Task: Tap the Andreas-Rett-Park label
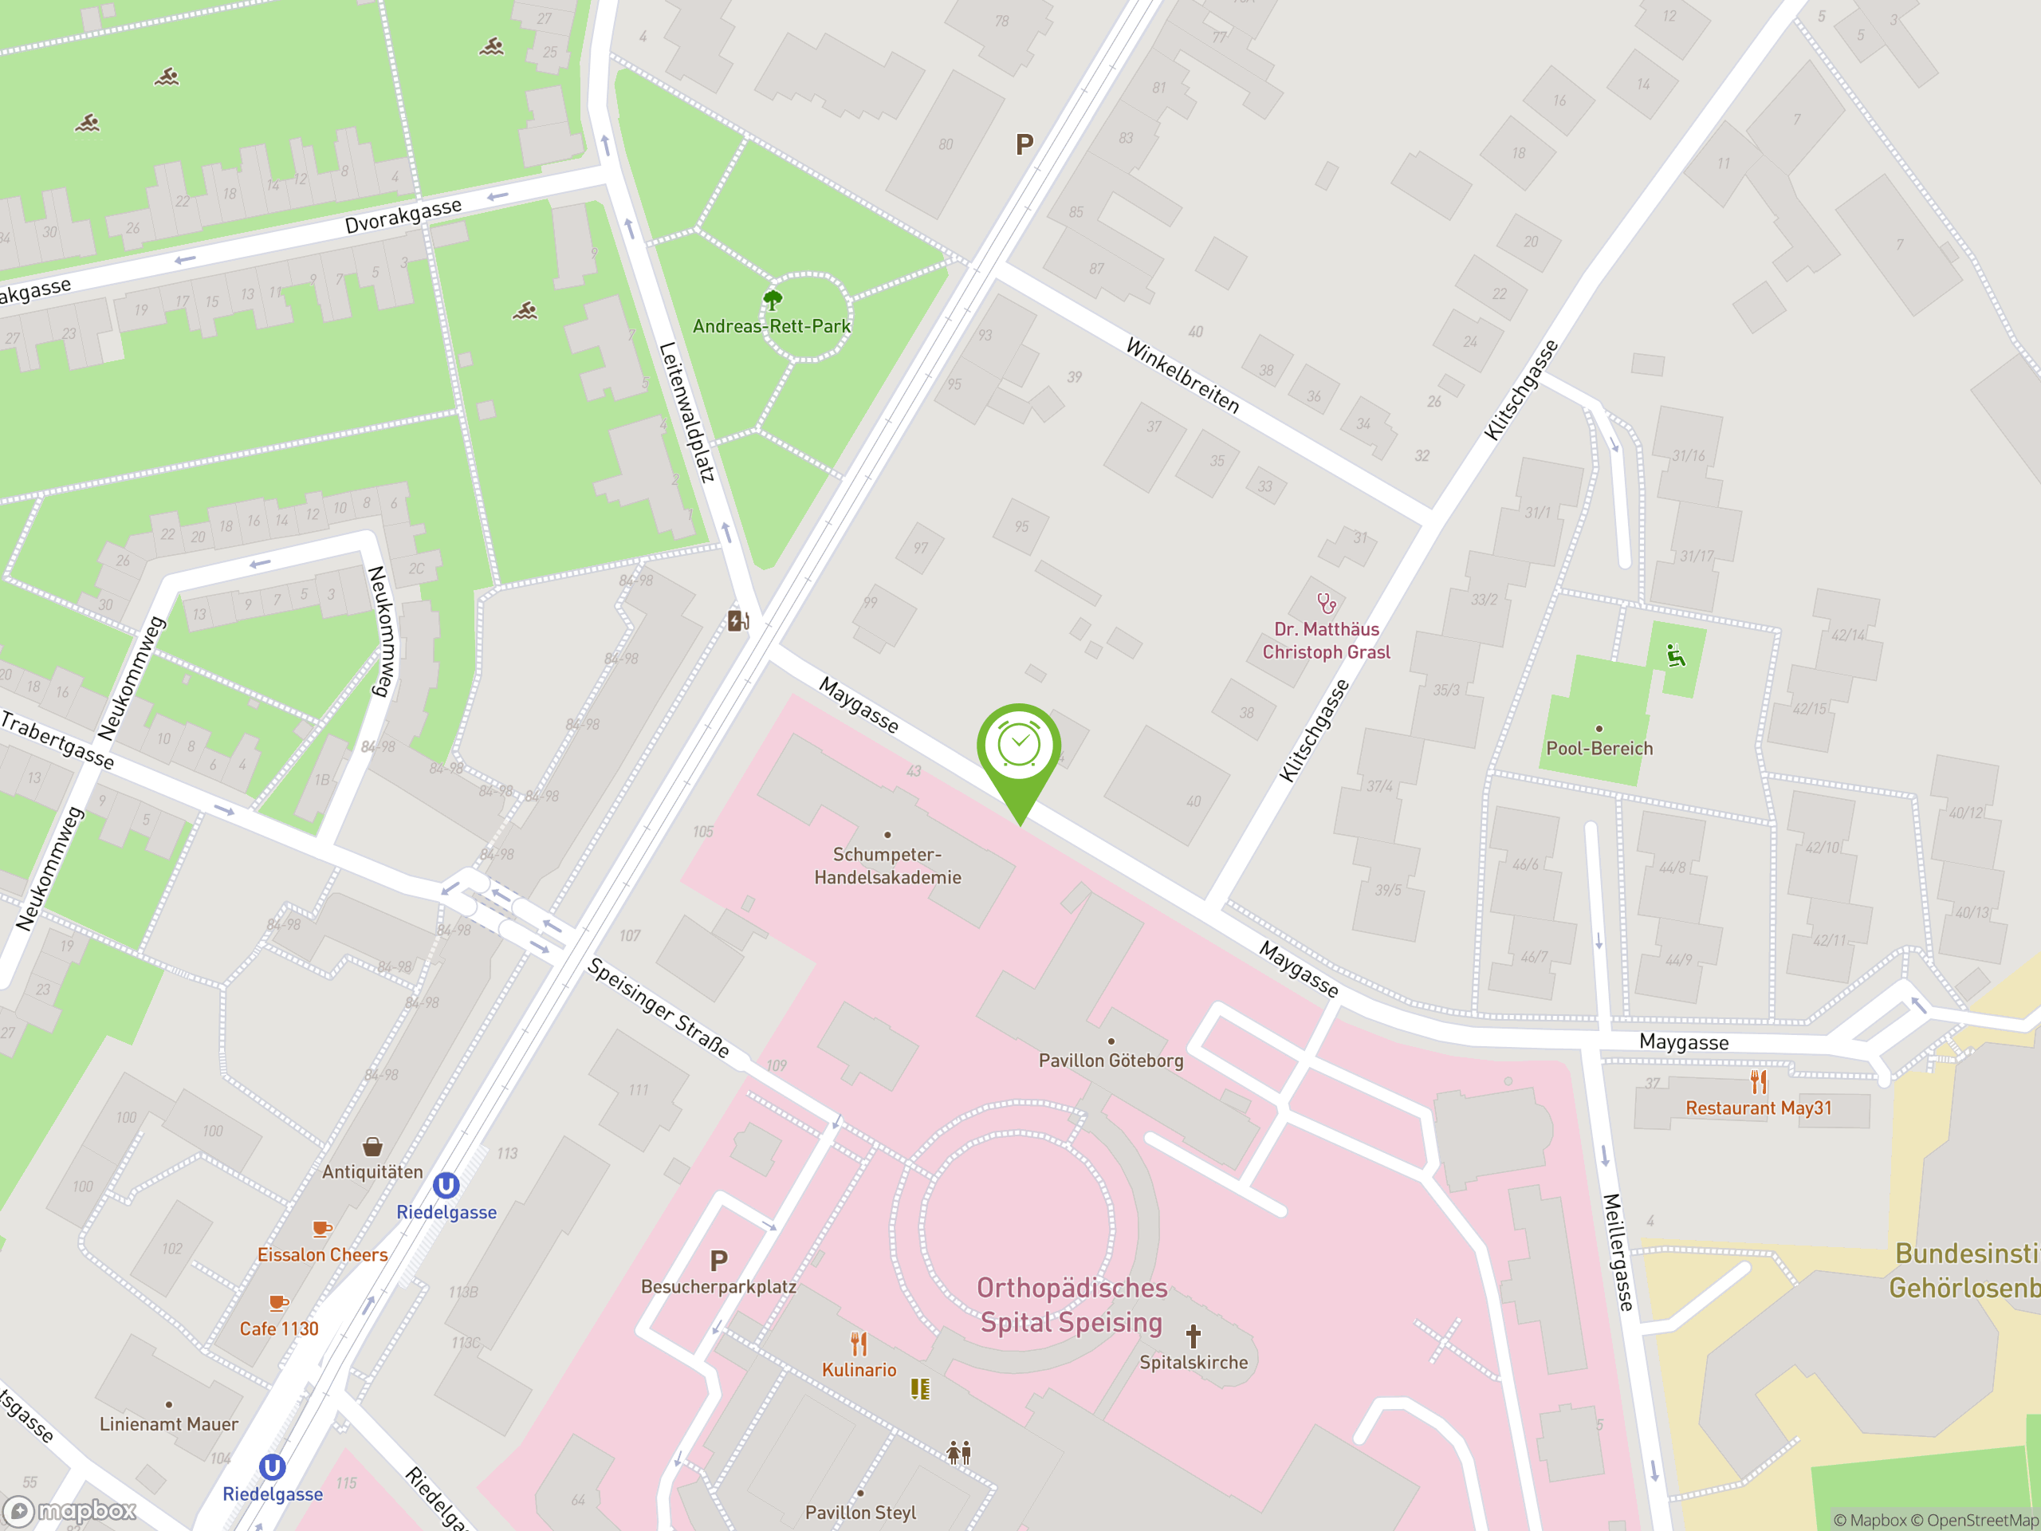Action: [772, 326]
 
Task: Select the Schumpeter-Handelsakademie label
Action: [887, 866]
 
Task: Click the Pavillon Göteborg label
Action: [1111, 1061]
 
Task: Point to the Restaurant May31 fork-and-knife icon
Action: [1759, 1081]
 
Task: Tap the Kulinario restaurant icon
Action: [859, 1344]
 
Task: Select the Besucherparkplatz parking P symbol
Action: [719, 1260]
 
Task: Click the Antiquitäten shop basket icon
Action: [373, 1146]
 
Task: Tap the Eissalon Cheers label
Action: [322, 1255]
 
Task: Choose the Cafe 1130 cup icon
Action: [277, 1303]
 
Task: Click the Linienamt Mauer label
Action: [169, 1424]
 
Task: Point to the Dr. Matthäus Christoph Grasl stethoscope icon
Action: [1326, 604]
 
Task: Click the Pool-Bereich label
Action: [1599, 749]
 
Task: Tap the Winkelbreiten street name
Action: [1182, 376]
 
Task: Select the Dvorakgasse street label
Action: [403, 216]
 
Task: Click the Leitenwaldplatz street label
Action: [686, 412]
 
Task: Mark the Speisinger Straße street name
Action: [659, 1008]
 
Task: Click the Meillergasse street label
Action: [1618, 1251]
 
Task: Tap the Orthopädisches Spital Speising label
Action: [1072, 1305]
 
